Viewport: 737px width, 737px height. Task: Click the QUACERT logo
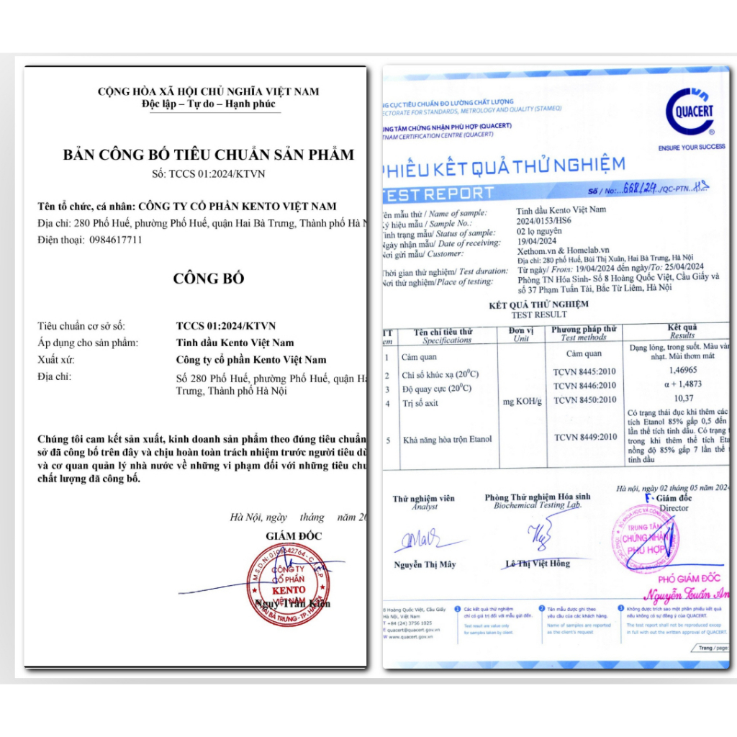pyautogui.click(x=689, y=113)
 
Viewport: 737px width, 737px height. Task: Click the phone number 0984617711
pyautogui.click(x=116, y=240)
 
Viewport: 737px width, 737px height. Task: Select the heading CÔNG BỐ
pyautogui.click(x=199, y=279)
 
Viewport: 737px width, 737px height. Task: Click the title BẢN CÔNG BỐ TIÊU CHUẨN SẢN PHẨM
pyautogui.click(x=209, y=155)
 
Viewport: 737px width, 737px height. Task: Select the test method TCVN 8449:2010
pyautogui.click(x=585, y=436)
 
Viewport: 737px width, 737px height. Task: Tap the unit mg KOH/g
pyautogui.click(x=521, y=401)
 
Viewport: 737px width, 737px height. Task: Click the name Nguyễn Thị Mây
pyautogui.click(x=425, y=564)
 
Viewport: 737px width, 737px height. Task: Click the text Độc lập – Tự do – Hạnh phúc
pyautogui.click(x=209, y=104)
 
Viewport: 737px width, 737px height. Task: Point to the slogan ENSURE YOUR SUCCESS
pyautogui.click(x=691, y=147)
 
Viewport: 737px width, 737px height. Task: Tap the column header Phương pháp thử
pyautogui.click(x=583, y=330)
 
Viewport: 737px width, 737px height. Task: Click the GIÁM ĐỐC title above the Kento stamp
pyautogui.click(x=294, y=535)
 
